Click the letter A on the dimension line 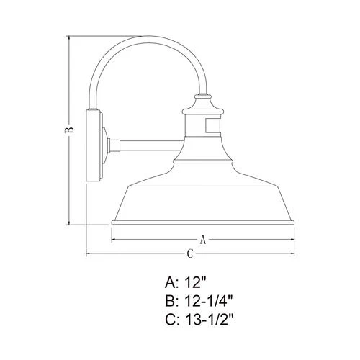(x=202, y=239)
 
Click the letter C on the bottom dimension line (x=189, y=254)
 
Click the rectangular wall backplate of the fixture (x=93, y=145)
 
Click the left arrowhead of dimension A (x=114, y=239)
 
